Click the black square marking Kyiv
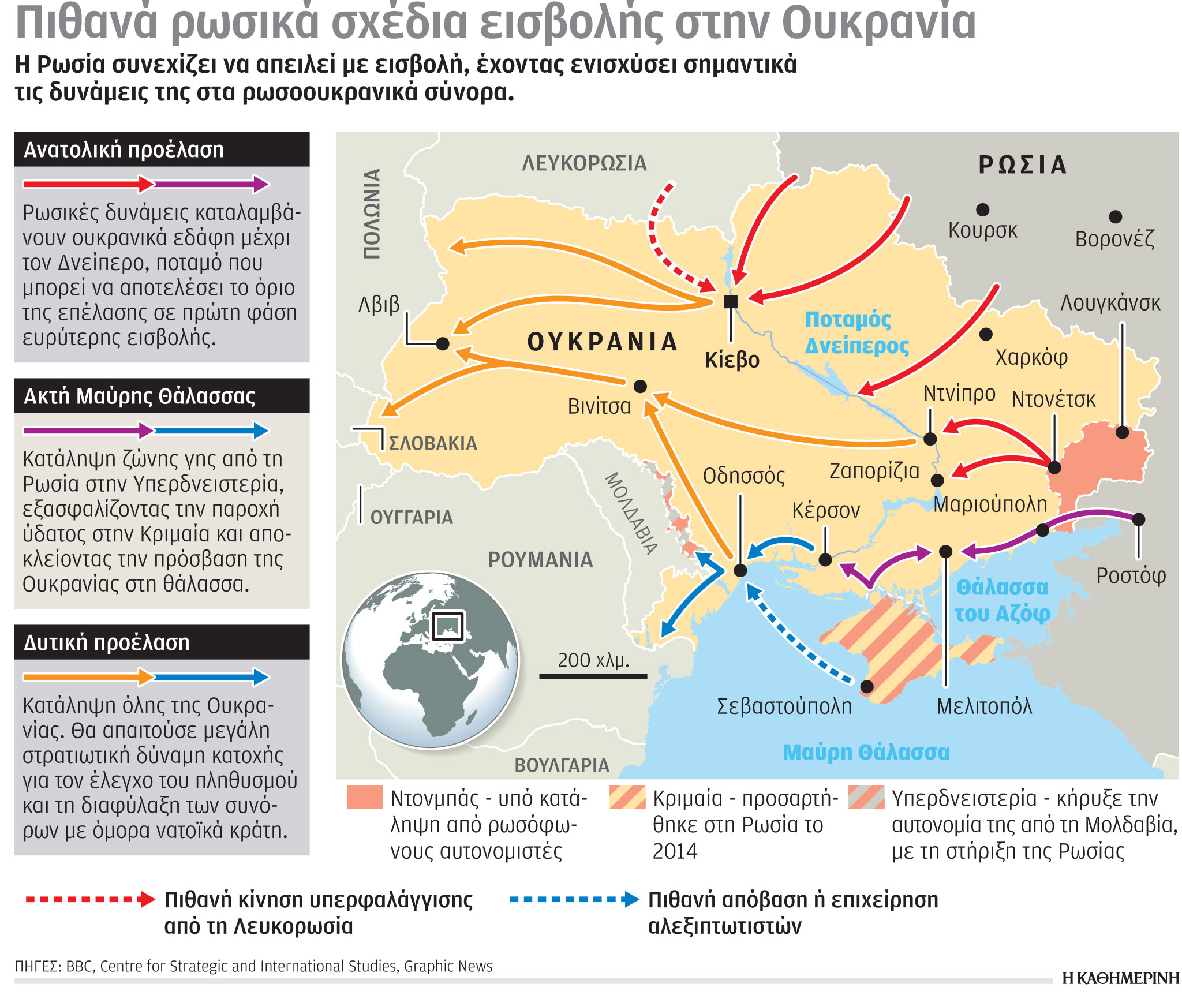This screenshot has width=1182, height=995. (731, 301)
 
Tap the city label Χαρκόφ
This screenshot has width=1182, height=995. (1031, 358)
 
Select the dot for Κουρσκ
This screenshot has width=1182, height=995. (982, 210)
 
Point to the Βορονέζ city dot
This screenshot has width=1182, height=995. (1115, 216)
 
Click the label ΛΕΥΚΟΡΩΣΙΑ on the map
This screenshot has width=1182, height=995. (584, 163)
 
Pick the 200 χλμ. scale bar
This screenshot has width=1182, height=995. (593, 676)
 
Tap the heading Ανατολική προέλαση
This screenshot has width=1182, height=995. (124, 150)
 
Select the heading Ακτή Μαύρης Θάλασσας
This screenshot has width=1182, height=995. (139, 396)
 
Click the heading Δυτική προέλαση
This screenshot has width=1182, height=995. (107, 643)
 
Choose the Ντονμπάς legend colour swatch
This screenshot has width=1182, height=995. (364, 797)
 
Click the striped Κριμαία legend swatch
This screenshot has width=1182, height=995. (627, 797)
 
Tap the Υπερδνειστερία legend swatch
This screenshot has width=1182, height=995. (866, 797)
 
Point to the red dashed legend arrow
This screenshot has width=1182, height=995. (90, 899)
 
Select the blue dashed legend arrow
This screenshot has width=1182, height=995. (574, 899)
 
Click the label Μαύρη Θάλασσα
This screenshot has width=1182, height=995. (866, 753)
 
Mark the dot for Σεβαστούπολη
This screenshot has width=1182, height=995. (867, 686)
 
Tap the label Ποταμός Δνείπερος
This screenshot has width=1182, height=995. (856, 332)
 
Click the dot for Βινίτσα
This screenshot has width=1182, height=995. (640, 386)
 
